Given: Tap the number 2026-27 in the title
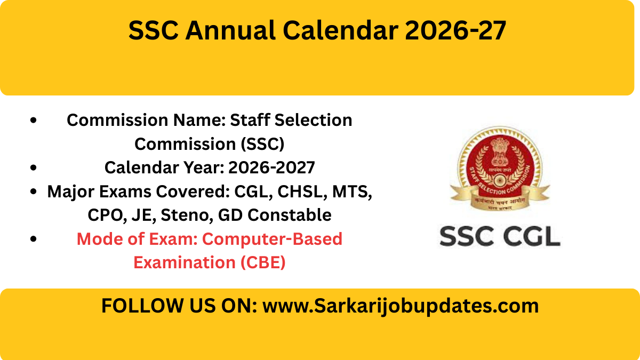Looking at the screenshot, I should pos(454,31).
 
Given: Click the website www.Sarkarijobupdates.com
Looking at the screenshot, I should pos(401,306).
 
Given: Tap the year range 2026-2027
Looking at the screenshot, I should pos(271,168).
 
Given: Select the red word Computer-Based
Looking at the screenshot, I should pos(272,239).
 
